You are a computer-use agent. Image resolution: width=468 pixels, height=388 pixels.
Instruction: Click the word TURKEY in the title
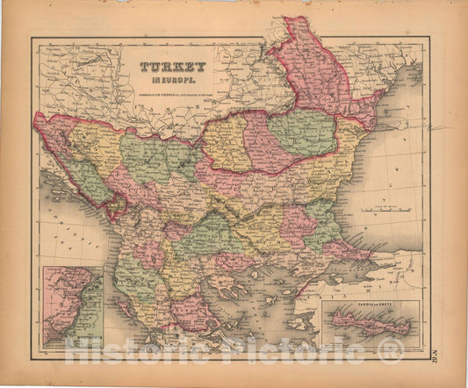[x=172, y=67]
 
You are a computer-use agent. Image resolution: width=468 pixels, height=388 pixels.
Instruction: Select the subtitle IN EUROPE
[x=172, y=79]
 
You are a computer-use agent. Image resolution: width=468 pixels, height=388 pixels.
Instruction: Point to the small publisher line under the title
[x=172, y=88]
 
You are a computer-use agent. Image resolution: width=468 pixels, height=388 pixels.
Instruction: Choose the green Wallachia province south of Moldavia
[x=300, y=132]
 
